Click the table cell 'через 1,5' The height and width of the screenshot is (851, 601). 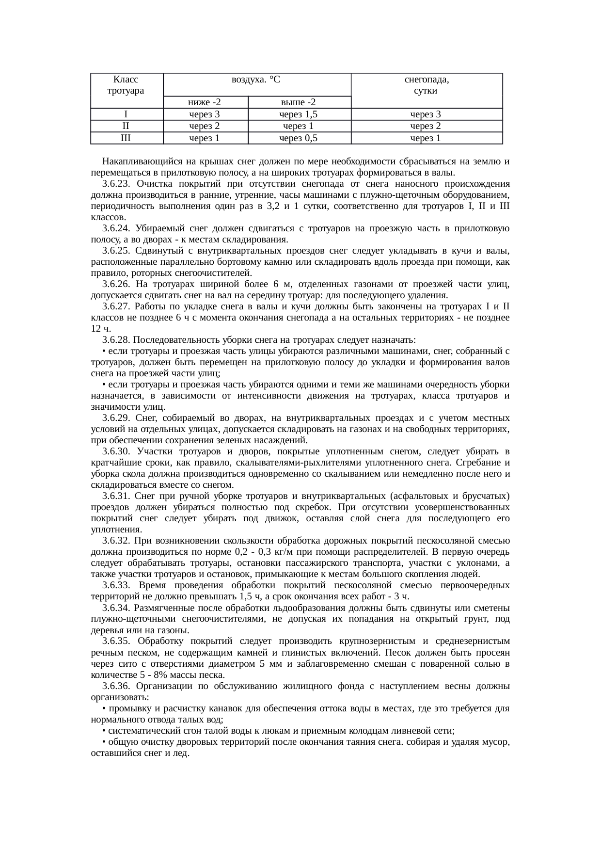(x=299, y=114)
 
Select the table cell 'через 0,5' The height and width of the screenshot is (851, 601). (x=299, y=138)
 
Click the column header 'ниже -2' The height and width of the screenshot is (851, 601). (x=205, y=102)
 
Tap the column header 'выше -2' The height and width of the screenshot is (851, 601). (x=299, y=102)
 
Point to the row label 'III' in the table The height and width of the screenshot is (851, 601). (x=126, y=138)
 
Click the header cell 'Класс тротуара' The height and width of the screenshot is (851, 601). (x=126, y=85)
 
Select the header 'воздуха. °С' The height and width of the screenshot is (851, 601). (x=256, y=80)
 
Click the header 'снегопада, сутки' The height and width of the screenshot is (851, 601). (x=426, y=85)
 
